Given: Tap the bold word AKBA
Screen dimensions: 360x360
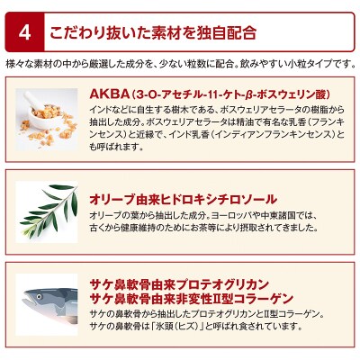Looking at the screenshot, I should [108, 93].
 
